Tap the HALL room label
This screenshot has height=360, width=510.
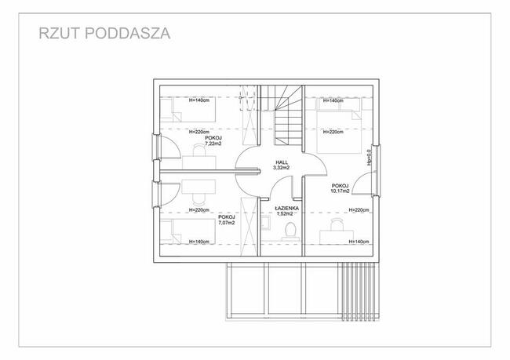[x=281, y=162]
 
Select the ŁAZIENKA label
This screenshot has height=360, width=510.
[x=284, y=208]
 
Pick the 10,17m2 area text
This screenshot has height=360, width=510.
[x=341, y=191]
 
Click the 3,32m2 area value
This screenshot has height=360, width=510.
[x=281, y=168]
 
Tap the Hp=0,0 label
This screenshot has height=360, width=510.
[x=370, y=160]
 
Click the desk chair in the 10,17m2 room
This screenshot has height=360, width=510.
[x=337, y=226]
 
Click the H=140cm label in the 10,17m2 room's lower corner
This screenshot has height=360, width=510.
[x=356, y=242]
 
